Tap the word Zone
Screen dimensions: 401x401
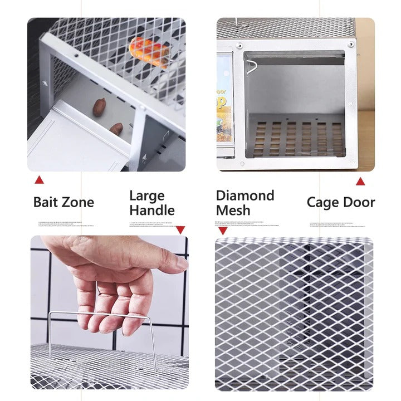click(77, 202)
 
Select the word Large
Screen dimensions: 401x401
click(146, 195)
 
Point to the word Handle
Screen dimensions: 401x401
click(152, 211)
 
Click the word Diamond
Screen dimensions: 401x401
click(245, 195)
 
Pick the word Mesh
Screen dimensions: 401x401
click(233, 211)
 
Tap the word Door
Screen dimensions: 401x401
click(359, 202)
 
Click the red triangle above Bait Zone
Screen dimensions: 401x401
click(39, 179)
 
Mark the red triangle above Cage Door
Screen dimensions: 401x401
click(360, 181)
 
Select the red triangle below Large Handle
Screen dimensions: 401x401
click(180, 229)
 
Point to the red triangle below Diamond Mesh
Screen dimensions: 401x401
click(223, 231)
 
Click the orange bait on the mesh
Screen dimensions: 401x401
click(149, 51)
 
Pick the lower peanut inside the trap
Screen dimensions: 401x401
click(116, 129)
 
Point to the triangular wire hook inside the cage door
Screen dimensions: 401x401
click(252, 67)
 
